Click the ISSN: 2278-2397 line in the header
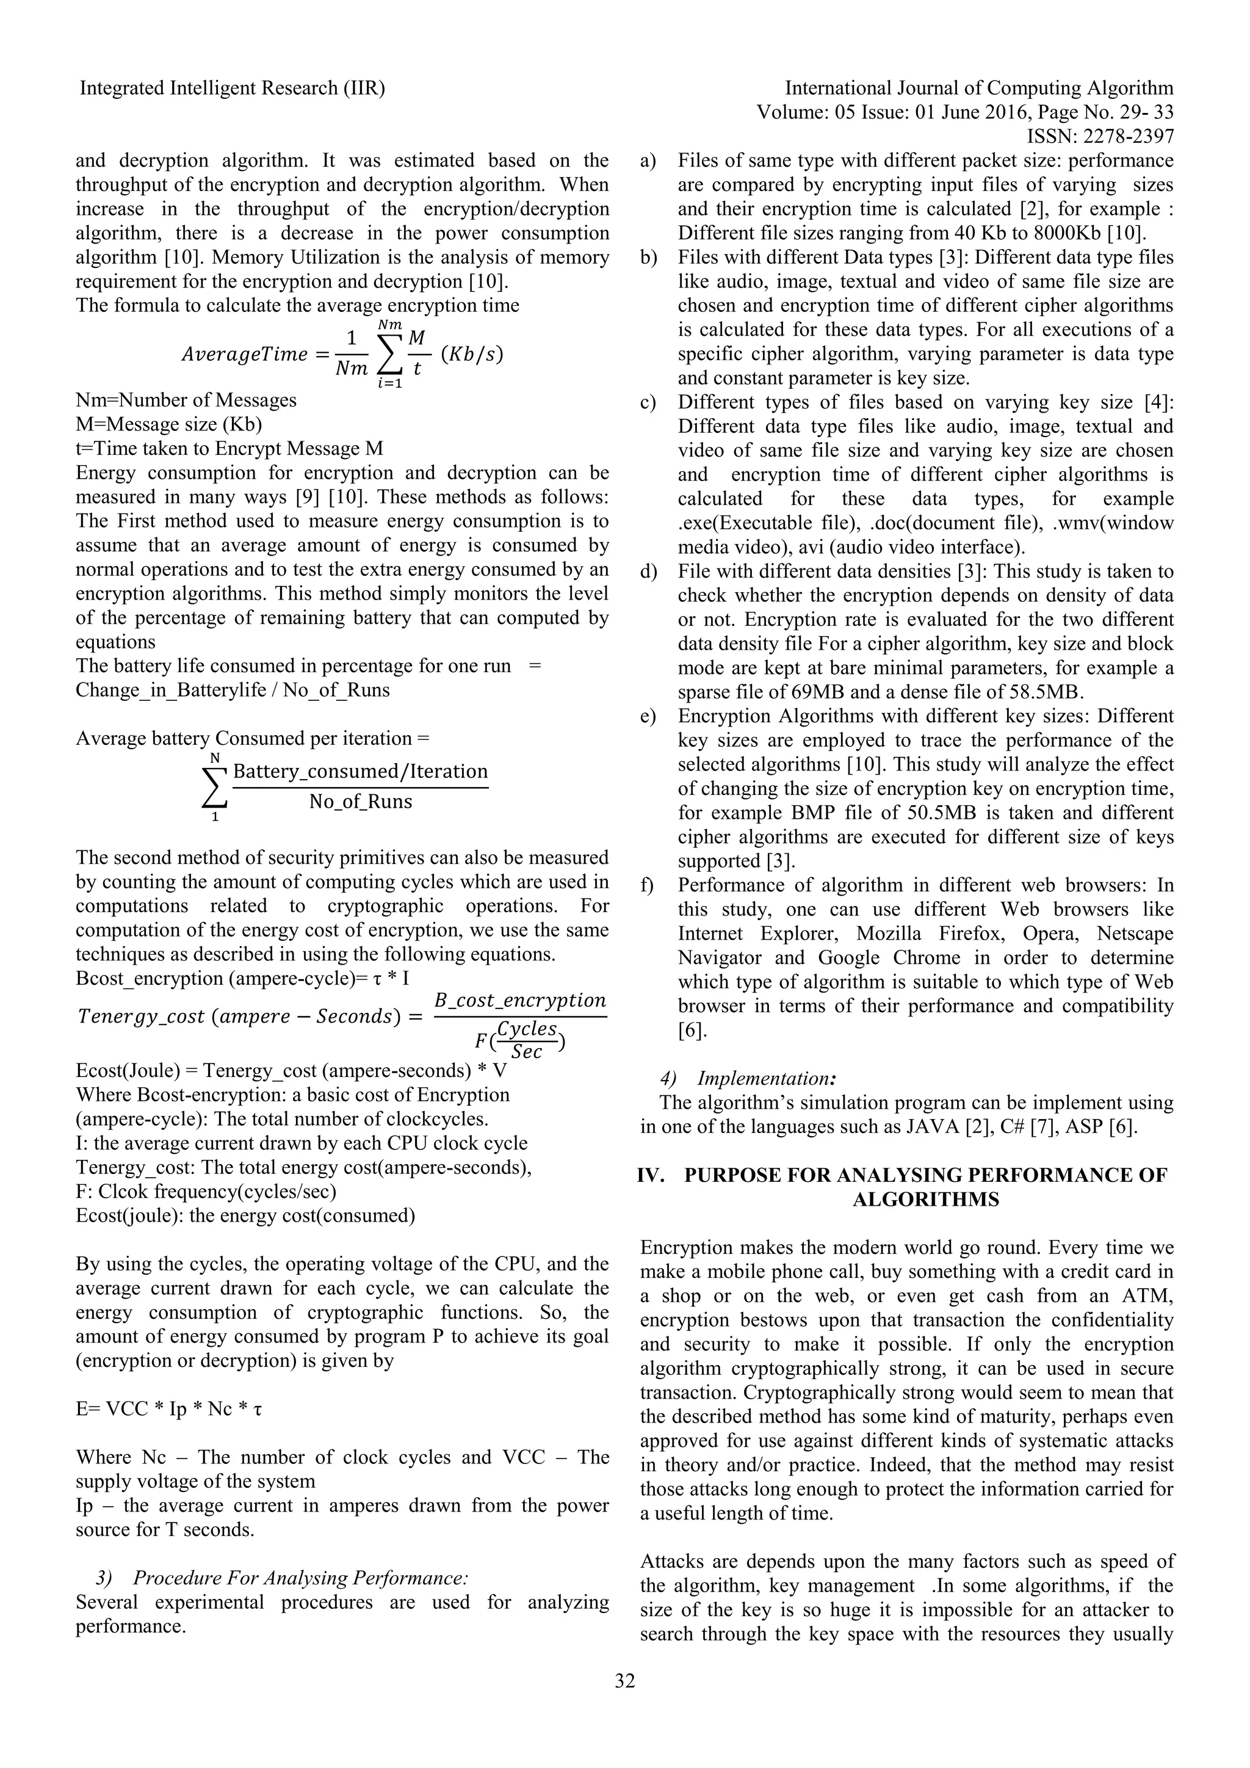tap(1100, 136)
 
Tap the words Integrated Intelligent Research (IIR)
tap(233, 89)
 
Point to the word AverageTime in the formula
tap(244, 353)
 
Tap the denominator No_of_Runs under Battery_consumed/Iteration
tap(360, 802)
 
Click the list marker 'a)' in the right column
tap(648, 161)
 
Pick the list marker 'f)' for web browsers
tap(646, 886)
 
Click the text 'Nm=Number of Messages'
tap(186, 400)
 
